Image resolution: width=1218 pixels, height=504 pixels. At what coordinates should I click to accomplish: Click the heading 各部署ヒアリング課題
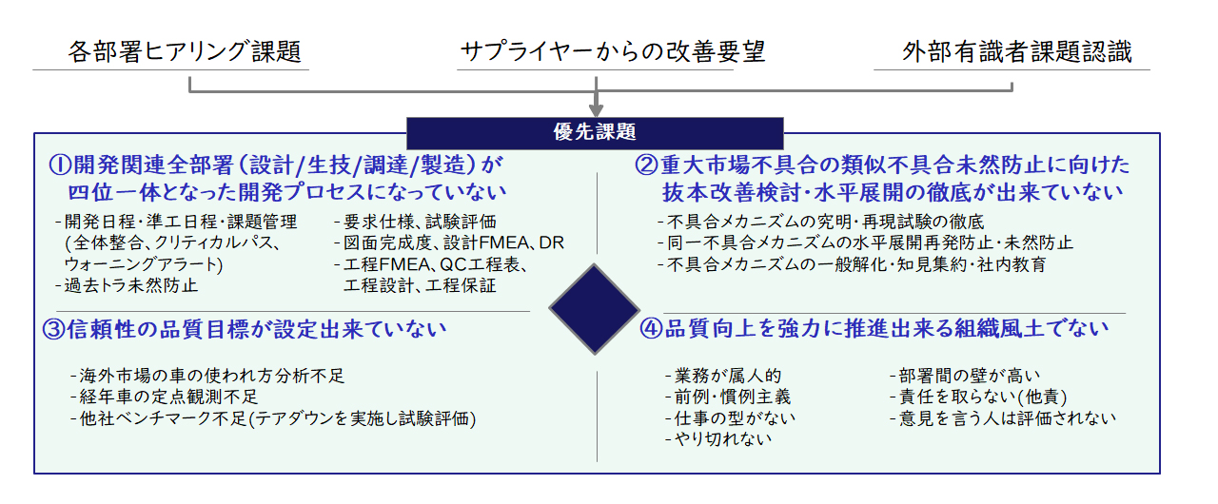tap(185, 52)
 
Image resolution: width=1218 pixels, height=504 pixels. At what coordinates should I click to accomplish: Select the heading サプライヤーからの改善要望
tap(613, 52)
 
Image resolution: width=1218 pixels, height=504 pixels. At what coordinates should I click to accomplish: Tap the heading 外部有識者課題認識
tap(1017, 52)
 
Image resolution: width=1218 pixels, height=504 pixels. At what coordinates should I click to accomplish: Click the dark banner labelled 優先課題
tap(595, 133)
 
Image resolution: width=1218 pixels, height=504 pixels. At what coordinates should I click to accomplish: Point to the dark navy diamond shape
tap(595, 309)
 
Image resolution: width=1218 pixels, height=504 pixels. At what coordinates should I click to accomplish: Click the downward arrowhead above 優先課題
tap(596, 110)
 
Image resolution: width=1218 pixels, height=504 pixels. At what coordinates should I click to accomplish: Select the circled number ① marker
tap(60, 165)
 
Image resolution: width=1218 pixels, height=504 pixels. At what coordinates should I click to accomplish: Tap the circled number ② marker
tap(646, 165)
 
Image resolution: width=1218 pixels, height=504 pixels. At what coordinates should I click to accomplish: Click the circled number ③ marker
tap(54, 330)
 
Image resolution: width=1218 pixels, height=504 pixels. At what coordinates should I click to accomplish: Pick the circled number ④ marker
tap(651, 329)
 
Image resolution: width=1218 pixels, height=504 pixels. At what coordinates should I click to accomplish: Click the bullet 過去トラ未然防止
tap(127, 285)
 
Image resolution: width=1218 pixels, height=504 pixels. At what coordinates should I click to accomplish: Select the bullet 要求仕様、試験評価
tap(416, 222)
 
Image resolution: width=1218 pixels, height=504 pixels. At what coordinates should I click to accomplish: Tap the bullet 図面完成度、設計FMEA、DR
tap(449, 242)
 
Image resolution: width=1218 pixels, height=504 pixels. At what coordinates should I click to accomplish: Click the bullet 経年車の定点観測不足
tap(165, 397)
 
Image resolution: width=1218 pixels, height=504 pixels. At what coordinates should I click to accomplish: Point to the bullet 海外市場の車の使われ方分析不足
tap(207, 376)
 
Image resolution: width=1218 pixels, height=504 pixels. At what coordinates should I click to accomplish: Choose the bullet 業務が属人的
tap(723, 376)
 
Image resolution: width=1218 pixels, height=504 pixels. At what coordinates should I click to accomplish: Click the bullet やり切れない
tap(718, 438)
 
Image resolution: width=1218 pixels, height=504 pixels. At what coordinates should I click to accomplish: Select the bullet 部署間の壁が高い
tap(965, 376)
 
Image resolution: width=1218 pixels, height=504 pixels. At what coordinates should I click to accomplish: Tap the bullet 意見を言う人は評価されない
tap(1003, 418)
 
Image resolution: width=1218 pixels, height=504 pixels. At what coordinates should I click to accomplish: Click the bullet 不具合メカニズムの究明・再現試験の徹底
tap(820, 222)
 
